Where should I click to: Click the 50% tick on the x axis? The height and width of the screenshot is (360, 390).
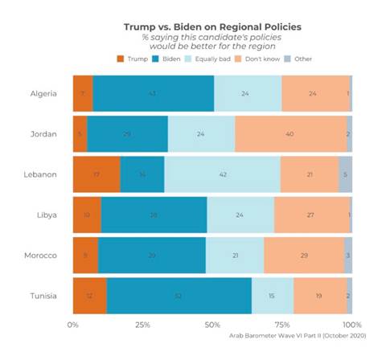pyautogui.click(x=212, y=325)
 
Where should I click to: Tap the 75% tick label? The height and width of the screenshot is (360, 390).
pyautogui.click(x=282, y=325)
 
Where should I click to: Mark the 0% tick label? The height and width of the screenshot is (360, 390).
pyautogui.click(x=73, y=325)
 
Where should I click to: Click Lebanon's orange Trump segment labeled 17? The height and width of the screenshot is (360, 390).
pyautogui.click(x=96, y=174)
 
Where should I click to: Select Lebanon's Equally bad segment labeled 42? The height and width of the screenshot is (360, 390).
pyautogui.click(x=222, y=174)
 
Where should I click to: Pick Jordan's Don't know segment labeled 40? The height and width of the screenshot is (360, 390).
pyautogui.click(x=290, y=133)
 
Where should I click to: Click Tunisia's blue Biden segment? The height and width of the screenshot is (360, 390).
pyautogui.click(x=179, y=295)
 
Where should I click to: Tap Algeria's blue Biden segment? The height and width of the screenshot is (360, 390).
pyautogui.click(x=153, y=93)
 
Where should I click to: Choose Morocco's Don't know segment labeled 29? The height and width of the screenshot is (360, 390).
pyautogui.click(x=303, y=255)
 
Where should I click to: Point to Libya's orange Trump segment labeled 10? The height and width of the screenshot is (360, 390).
pyautogui.click(x=87, y=215)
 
